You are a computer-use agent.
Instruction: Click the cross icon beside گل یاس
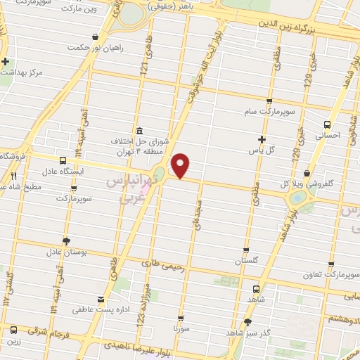[262, 139]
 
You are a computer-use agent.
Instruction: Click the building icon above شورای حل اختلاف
[139, 131]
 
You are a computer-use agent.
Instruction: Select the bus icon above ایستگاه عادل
[64, 160]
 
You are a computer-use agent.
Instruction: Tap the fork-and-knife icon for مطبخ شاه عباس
[12, 176]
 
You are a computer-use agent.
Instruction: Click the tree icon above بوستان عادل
[66, 240]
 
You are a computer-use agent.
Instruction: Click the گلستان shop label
[245, 260]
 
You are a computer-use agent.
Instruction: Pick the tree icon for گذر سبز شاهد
[247, 323]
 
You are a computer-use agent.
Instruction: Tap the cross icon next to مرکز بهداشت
[6, 61]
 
